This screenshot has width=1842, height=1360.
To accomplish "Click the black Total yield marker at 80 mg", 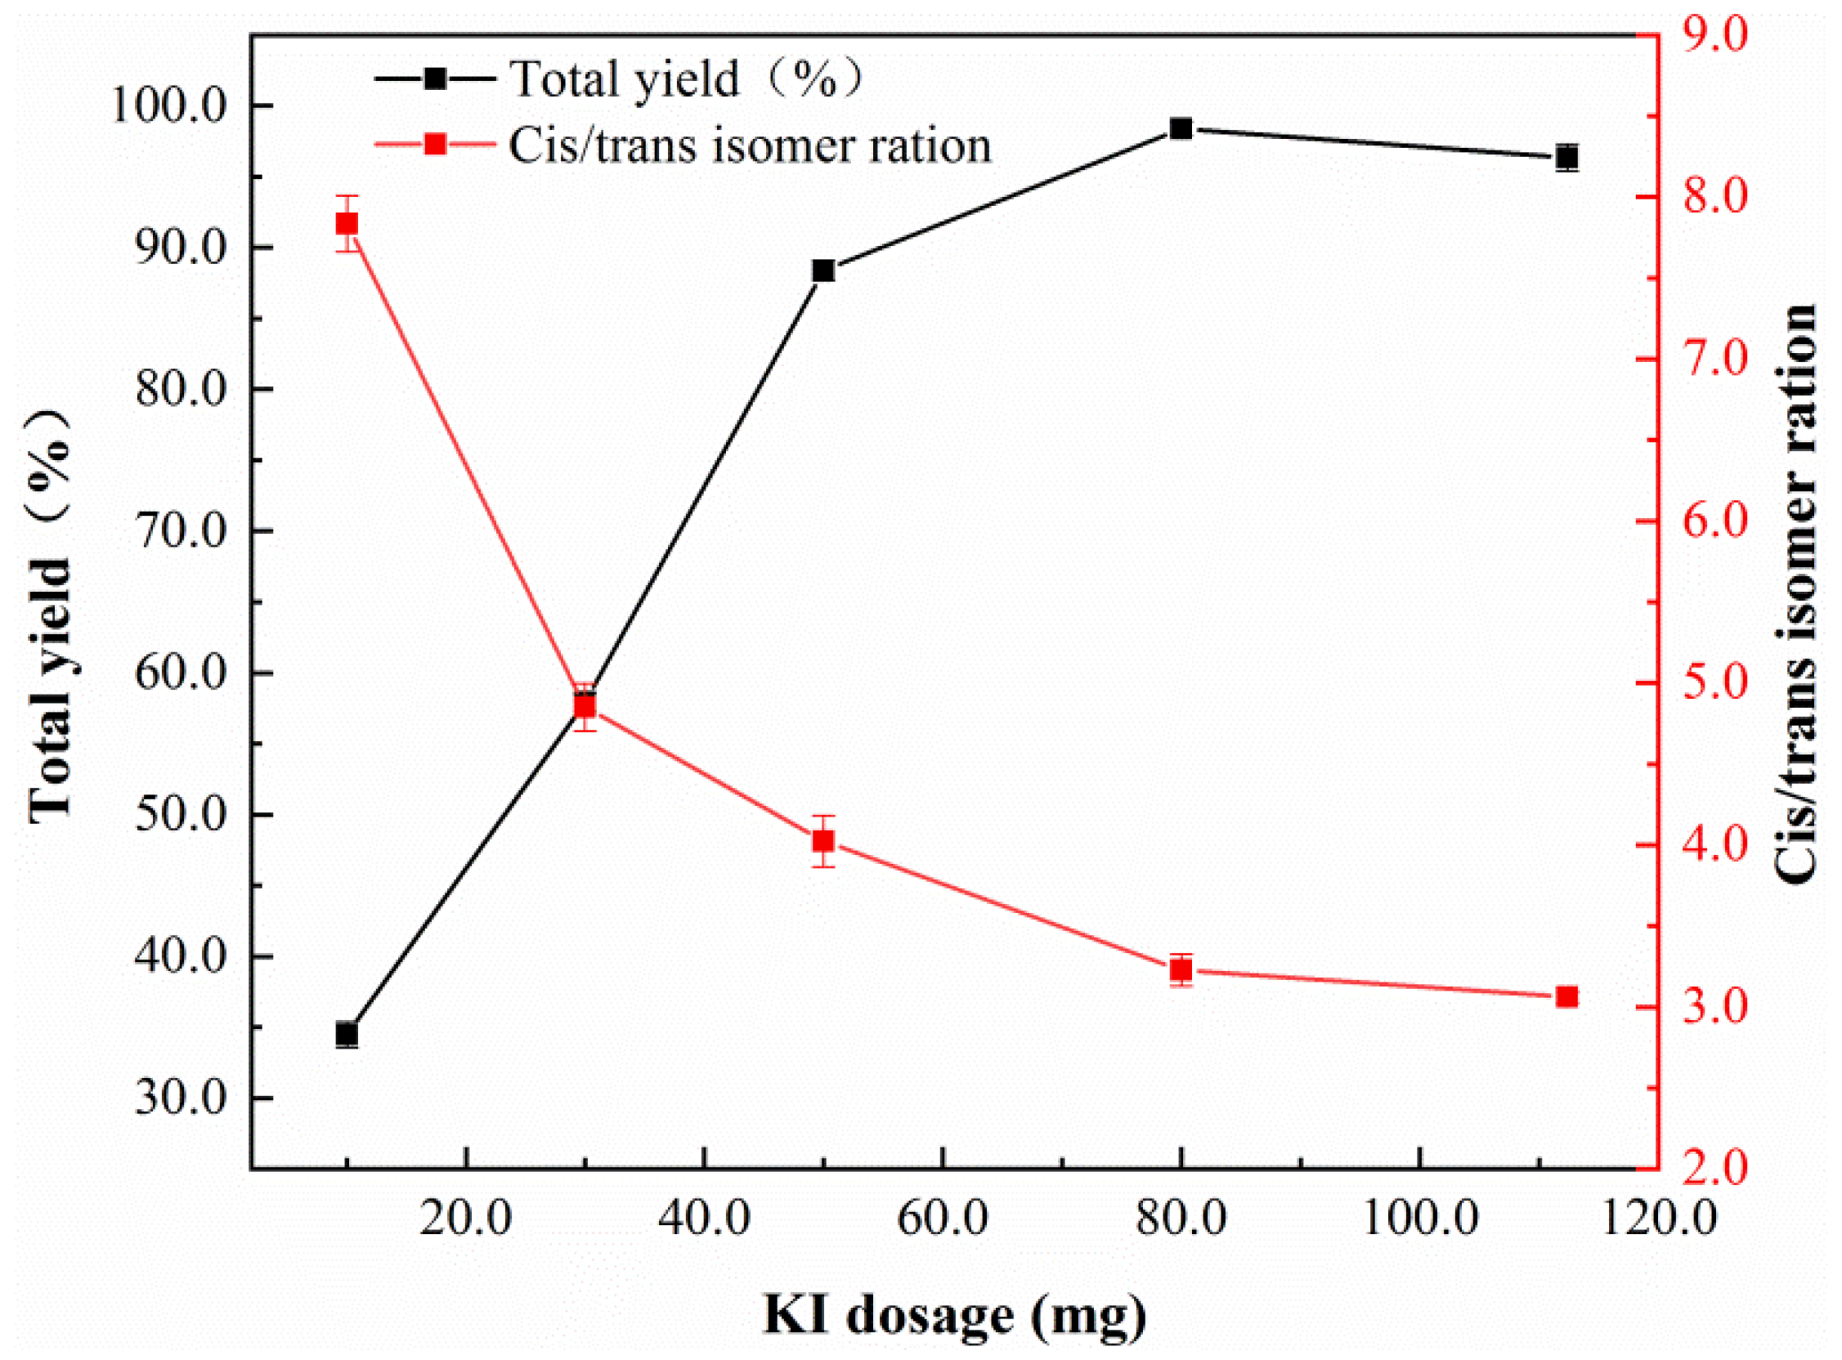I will (x=1181, y=129).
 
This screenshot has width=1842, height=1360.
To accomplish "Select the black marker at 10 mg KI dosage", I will (x=347, y=1034).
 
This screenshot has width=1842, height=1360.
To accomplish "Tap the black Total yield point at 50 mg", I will (x=823, y=271).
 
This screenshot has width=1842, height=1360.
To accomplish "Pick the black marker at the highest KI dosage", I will (x=1567, y=157).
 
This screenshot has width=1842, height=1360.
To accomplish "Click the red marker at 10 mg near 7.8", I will (x=347, y=224).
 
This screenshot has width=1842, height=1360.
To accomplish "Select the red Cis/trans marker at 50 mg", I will (x=823, y=840).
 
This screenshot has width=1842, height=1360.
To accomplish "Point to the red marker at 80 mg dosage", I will (x=1181, y=970).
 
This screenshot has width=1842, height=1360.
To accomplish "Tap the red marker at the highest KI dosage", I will (x=1567, y=997).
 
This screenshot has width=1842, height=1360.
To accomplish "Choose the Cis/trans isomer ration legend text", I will (x=750, y=146).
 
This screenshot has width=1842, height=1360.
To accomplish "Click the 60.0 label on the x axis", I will (x=942, y=1219).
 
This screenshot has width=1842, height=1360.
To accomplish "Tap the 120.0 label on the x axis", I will (x=1659, y=1219).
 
